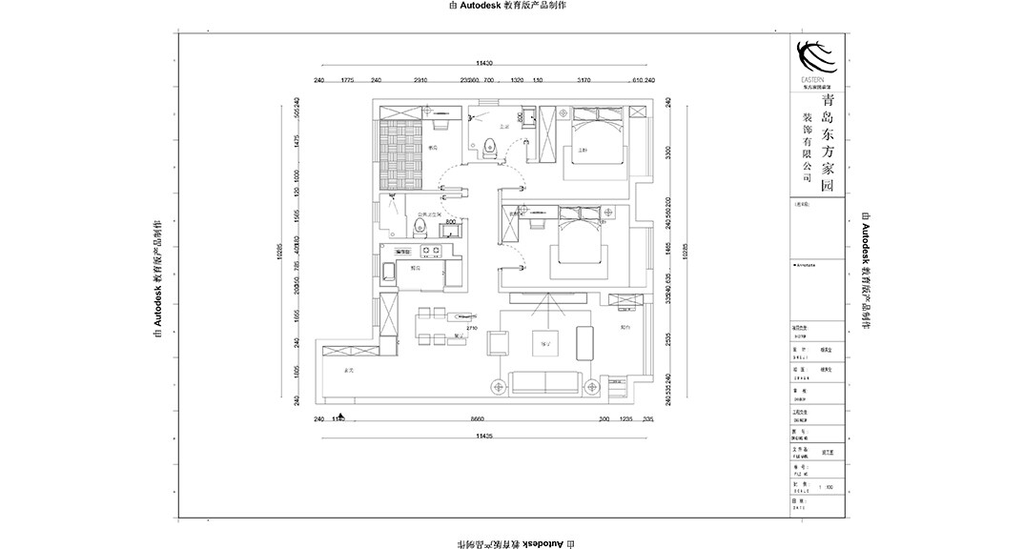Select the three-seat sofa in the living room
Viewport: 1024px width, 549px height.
[x=545, y=383]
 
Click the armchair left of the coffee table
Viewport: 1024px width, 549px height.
[x=497, y=343]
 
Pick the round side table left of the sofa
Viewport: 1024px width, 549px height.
[x=497, y=386]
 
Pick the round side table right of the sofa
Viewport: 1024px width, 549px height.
[x=594, y=386]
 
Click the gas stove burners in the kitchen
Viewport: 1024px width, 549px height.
[x=429, y=252]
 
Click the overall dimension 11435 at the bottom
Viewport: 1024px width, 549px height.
[x=484, y=436]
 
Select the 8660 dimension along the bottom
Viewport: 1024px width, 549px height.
[x=477, y=418]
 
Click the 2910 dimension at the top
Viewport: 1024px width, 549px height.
[x=420, y=80]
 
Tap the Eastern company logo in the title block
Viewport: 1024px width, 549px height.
[x=815, y=57]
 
